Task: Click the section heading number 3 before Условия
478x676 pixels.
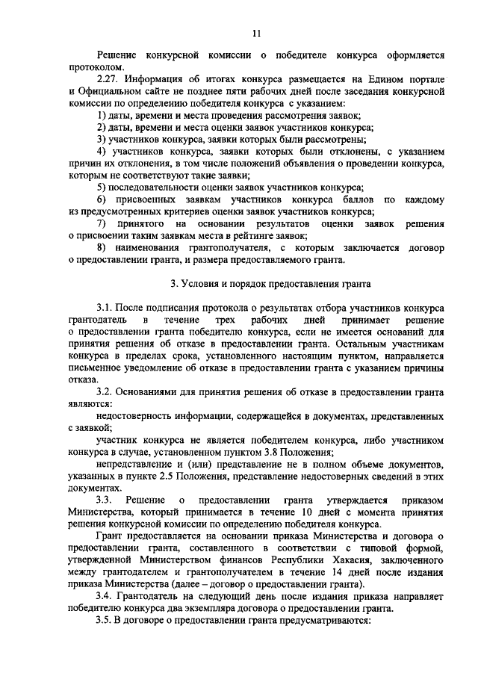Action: coord(173,285)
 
